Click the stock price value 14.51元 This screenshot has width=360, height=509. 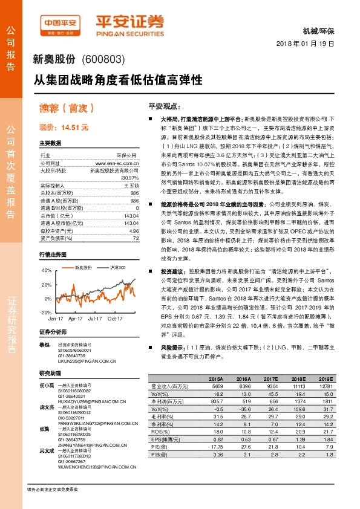(x=74, y=128)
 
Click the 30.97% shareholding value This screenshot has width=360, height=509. (x=129, y=178)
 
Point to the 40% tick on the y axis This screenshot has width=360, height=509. (x=47, y=270)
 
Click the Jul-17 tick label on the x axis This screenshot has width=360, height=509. (x=94, y=317)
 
